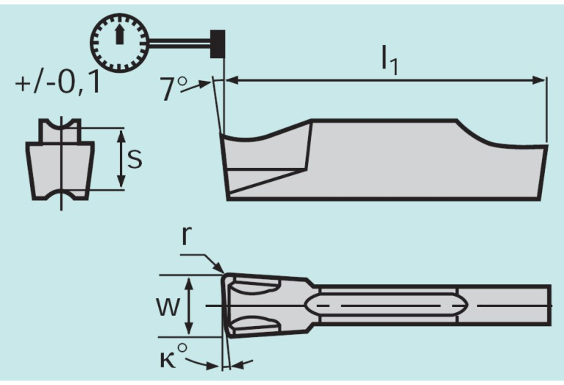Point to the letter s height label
point(134,159)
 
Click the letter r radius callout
point(188,236)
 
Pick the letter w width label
point(168,306)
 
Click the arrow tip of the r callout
point(222,272)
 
